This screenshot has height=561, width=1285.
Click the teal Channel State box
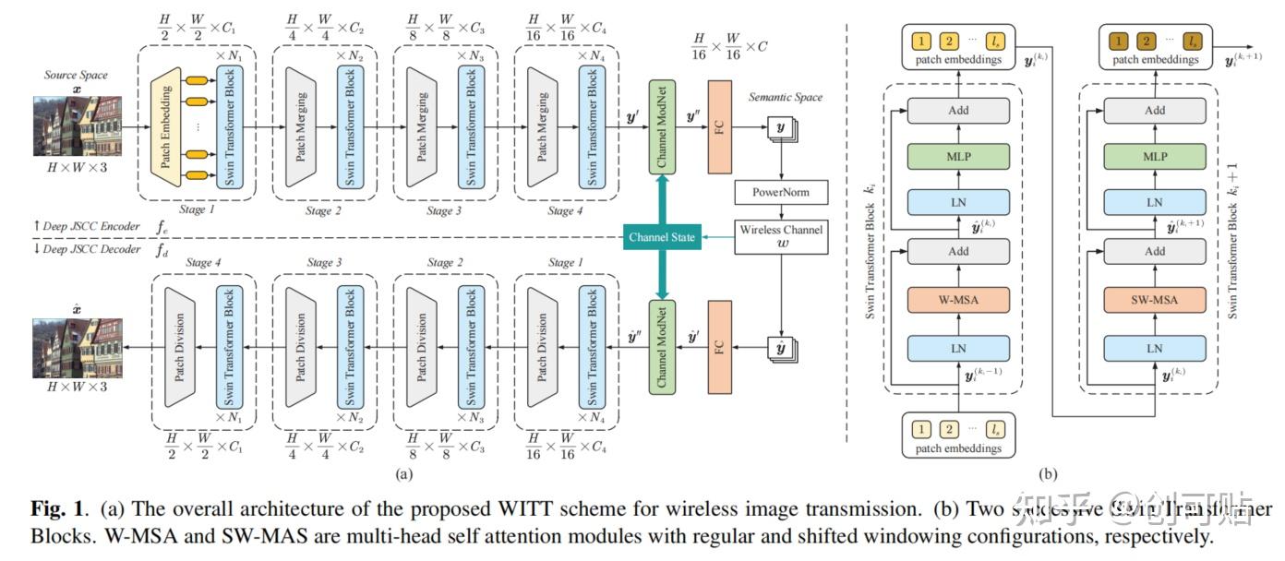coord(661,238)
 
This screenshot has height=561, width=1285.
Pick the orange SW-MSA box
coord(1154,299)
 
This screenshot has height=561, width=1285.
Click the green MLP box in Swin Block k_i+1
coord(1154,157)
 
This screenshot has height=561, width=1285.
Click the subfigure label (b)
coord(1048,474)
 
